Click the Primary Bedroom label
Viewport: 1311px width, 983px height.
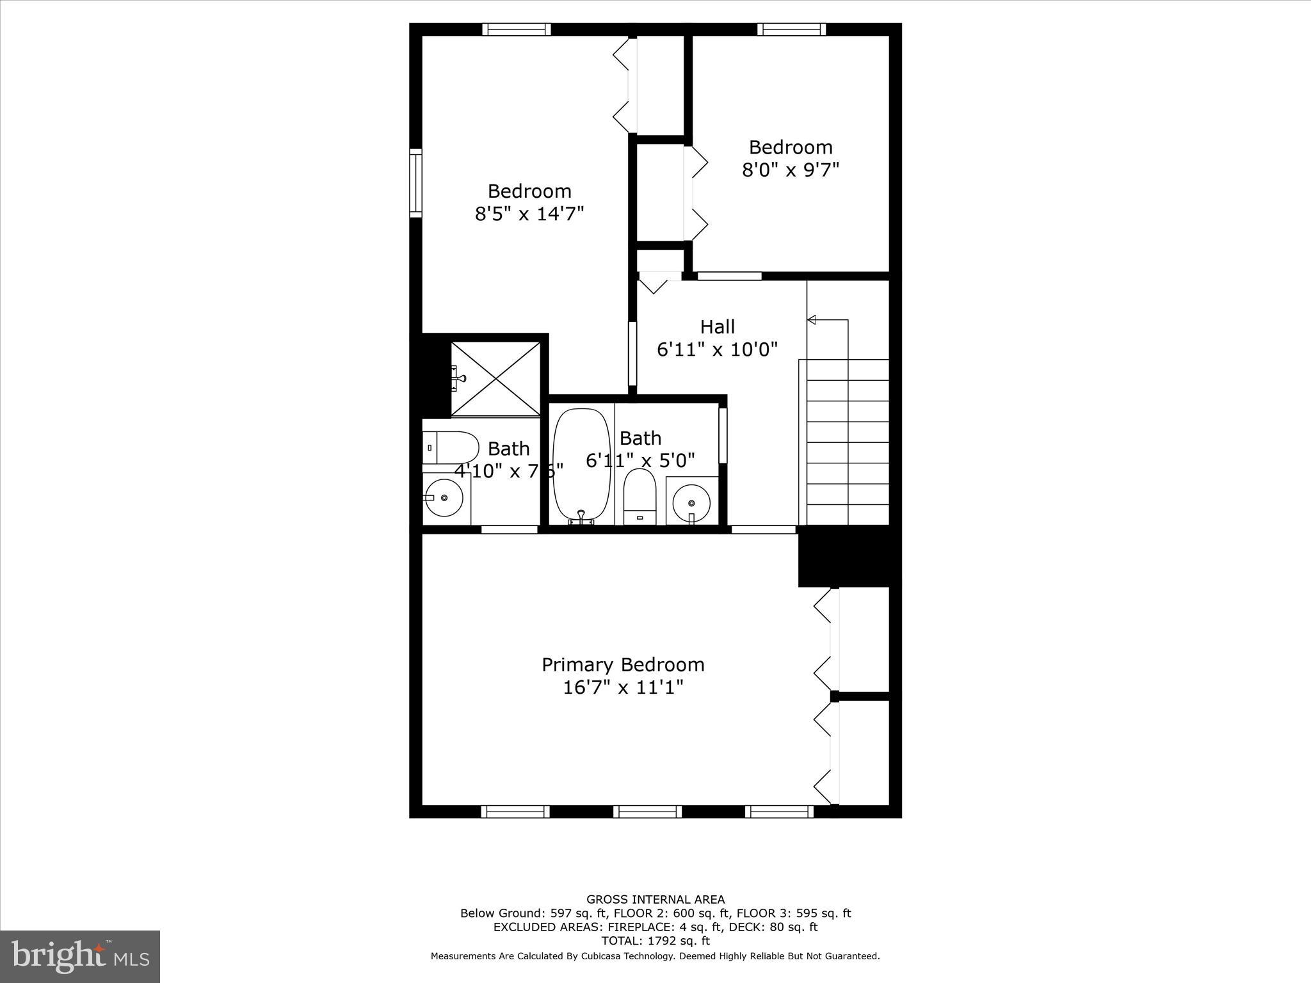coord(623,665)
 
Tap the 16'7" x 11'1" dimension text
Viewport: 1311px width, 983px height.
coord(623,688)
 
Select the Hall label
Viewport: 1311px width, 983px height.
coord(717,327)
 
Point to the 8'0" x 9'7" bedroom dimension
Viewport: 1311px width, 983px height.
coord(791,170)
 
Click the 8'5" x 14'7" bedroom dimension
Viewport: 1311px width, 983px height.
coord(529,214)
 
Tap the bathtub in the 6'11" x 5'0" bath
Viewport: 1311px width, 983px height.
coord(581,465)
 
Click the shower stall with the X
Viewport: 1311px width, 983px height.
coord(496,379)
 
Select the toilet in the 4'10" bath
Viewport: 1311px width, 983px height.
coord(451,447)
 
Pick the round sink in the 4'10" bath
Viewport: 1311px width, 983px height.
coord(444,497)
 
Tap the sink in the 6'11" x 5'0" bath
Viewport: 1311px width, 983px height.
coord(691,500)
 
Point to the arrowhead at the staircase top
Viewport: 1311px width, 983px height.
coord(812,319)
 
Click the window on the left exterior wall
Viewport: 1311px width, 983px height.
coord(416,183)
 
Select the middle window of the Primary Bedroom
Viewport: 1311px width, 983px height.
coord(647,811)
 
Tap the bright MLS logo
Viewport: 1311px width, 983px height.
coord(80,956)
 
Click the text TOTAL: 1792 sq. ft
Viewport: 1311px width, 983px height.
coord(655,941)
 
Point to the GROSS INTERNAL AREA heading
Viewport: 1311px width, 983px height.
coord(655,899)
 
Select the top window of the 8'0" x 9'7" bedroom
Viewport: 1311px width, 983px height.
coord(791,29)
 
